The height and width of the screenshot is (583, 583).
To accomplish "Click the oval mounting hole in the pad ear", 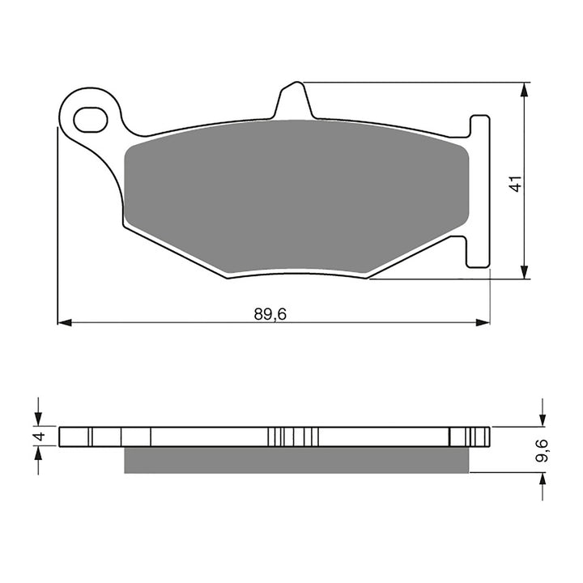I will click(x=90, y=121).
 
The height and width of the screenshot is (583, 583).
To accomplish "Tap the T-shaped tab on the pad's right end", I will click(x=479, y=190).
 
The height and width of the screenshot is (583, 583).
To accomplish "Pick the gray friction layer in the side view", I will click(x=296, y=459).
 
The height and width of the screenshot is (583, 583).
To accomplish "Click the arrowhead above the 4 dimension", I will click(x=38, y=419).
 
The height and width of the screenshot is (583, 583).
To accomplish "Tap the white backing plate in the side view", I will click(x=202, y=436).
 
